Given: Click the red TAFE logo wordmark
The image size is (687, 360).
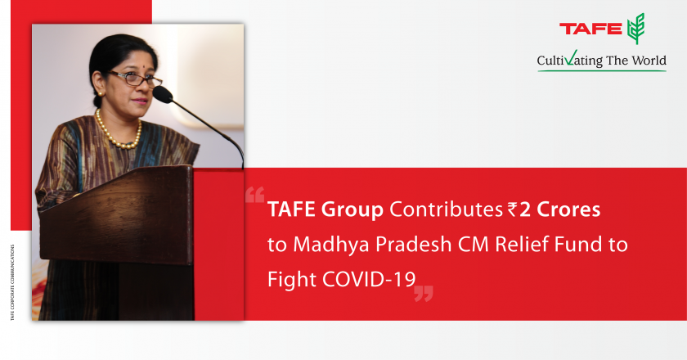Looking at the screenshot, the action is [590, 29].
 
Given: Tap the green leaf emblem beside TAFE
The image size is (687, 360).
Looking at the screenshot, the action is [635, 29].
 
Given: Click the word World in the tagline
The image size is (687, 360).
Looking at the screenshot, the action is [649, 60].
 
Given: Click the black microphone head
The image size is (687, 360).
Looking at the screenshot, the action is [163, 94].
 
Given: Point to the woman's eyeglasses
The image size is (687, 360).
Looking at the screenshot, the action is [136, 79].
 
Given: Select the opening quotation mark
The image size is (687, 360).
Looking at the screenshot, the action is [254, 195].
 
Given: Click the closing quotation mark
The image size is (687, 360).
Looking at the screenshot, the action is [424, 294].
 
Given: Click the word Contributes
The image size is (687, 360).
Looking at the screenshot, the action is [446, 209].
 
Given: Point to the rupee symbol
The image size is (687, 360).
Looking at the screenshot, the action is [512, 209].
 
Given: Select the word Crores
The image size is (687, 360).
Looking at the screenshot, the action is [568, 209].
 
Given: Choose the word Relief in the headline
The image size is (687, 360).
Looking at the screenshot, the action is [522, 244].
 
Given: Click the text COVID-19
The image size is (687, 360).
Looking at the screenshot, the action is [369, 279].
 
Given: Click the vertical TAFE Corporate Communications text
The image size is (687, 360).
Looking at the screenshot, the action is [12, 282].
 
